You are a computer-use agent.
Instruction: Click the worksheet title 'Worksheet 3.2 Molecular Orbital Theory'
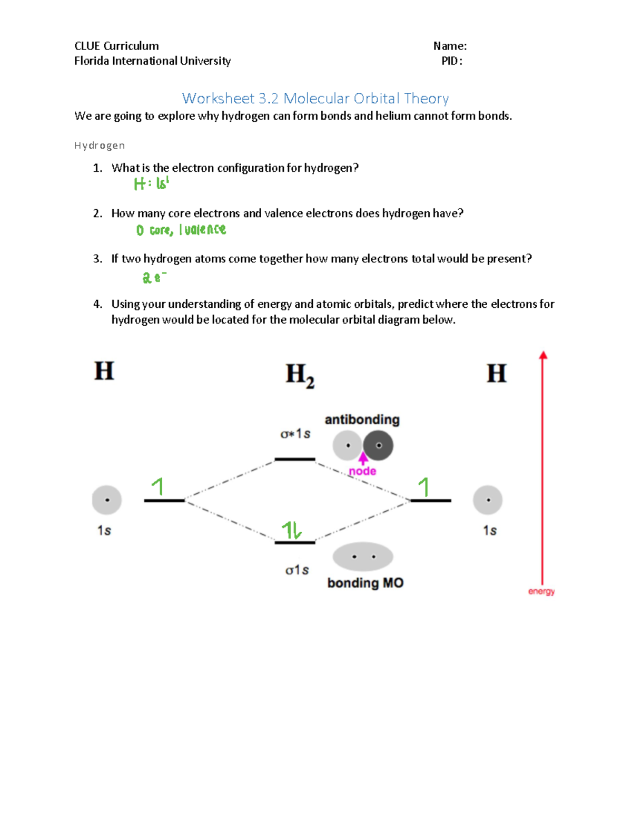click(315, 99)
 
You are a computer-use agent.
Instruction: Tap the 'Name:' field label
click(450, 46)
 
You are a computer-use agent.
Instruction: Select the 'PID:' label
click(452, 61)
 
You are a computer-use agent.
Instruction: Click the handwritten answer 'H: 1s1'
click(151, 183)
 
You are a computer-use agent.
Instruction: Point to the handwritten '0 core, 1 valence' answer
click(181, 230)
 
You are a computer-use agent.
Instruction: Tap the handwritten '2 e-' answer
click(154, 277)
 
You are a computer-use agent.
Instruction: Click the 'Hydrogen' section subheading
click(100, 145)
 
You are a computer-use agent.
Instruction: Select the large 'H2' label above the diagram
click(300, 375)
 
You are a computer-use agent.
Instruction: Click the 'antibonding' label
click(362, 420)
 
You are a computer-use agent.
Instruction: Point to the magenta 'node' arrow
click(363, 457)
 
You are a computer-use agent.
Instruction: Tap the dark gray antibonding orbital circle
click(378, 445)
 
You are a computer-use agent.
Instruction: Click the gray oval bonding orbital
click(363, 557)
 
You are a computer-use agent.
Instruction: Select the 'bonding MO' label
click(365, 583)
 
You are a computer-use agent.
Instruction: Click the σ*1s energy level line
click(295, 460)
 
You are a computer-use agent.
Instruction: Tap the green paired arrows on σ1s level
click(291, 530)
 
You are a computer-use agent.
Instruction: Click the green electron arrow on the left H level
click(157, 486)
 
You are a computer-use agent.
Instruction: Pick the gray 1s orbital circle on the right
click(488, 500)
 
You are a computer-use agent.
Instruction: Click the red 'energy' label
click(541, 591)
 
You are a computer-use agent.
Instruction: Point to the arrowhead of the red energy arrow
click(543, 355)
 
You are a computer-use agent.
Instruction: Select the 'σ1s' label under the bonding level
click(297, 570)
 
